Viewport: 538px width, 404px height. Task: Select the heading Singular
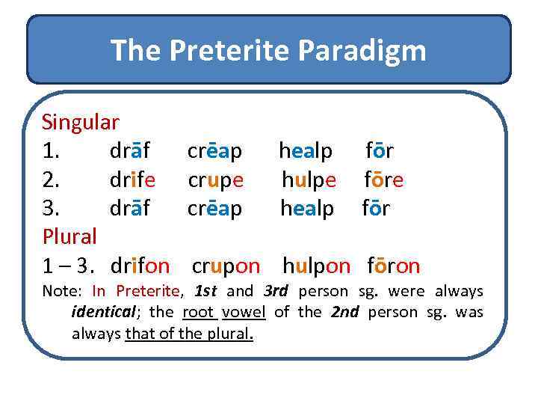click(81, 121)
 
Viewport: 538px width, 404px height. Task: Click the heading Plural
click(69, 237)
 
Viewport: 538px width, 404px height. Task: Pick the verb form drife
click(132, 180)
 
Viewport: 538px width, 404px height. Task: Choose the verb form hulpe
click(309, 180)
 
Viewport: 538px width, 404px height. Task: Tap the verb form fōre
click(384, 180)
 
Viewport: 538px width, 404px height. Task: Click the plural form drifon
click(140, 266)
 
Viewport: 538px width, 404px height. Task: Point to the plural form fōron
click(393, 266)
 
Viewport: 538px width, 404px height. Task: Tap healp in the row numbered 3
click(307, 208)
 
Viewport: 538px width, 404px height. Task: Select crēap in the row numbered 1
click(214, 150)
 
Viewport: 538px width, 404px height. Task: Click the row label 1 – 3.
click(70, 266)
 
